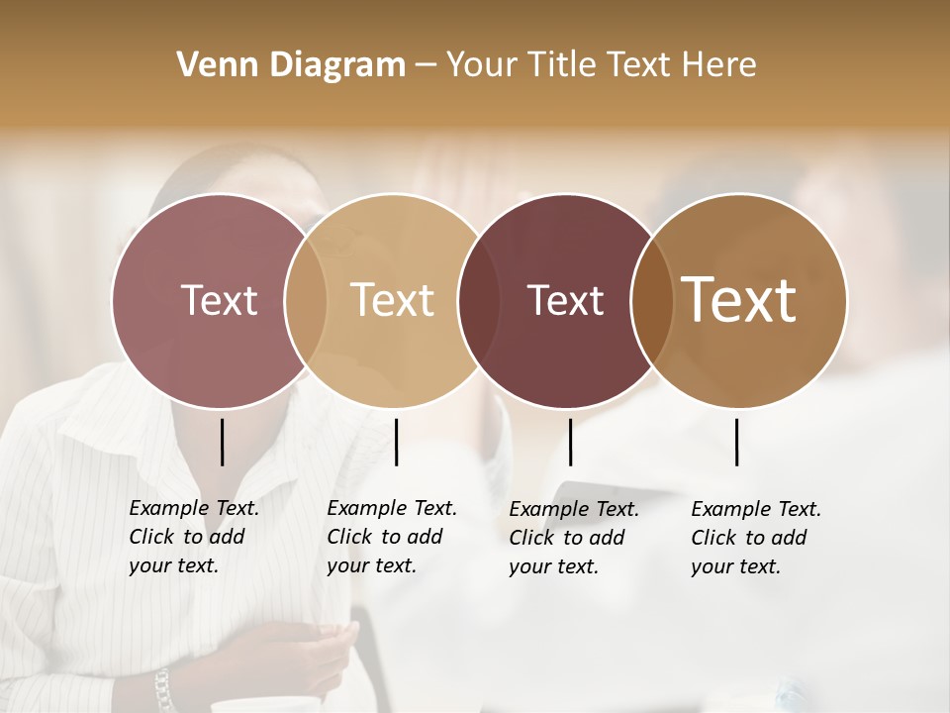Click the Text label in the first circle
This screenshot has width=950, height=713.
(x=219, y=300)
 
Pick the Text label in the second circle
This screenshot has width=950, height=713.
(x=393, y=300)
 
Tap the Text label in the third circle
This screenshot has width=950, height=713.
(x=565, y=300)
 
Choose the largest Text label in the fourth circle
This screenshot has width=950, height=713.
(x=739, y=300)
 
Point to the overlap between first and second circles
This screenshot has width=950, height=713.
(x=306, y=301)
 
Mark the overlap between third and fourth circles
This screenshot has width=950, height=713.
(x=647, y=301)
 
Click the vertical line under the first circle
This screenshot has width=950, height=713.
(x=223, y=442)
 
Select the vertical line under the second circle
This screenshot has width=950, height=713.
(x=396, y=442)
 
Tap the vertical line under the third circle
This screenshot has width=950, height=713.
(x=570, y=442)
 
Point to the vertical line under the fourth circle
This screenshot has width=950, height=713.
(x=737, y=442)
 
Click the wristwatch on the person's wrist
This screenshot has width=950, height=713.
(x=162, y=687)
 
